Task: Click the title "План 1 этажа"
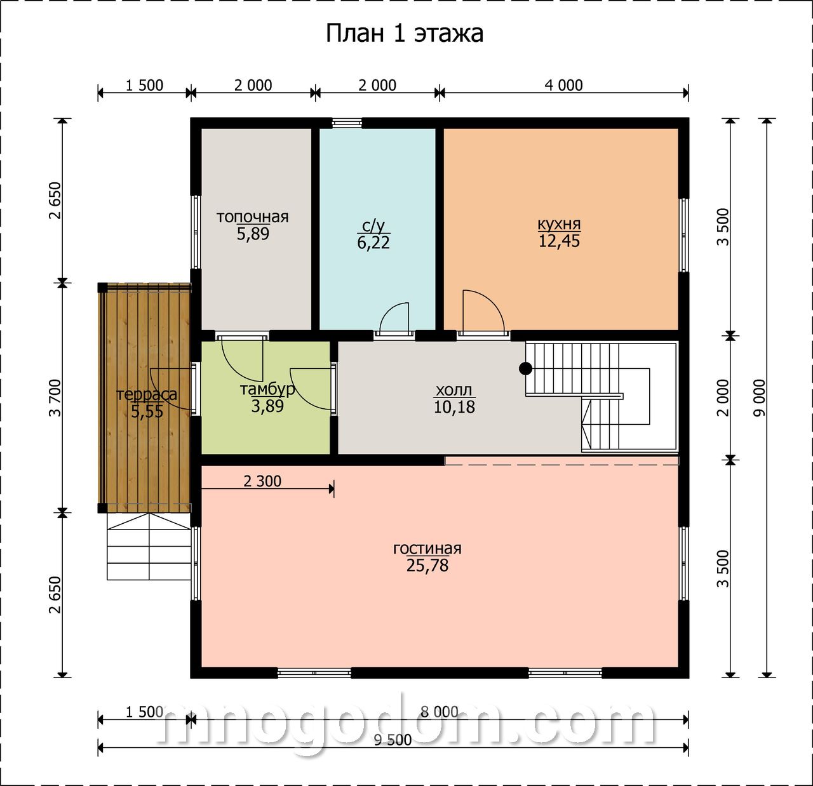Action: pyautogui.click(x=404, y=34)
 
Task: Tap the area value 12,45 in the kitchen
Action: pyautogui.click(x=559, y=241)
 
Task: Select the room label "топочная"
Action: pyautogui.click(x=253, y=216)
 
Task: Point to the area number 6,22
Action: pyautogui.click(x=373, y=243)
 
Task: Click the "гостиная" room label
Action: pyautogui.click(x=427, y=549)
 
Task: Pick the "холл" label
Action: pyautogui.click(x=454, y=390)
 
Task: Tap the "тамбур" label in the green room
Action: pyautogui.click(x=267, y=389)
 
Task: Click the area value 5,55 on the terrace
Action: pyautogui.click(x=147, y=411)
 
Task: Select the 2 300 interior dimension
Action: pyautogui.click(x=262, y=481)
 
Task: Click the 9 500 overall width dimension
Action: pyautogui.click(x=393, y=740)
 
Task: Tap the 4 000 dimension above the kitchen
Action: pyautogui.click(x=563, y=85)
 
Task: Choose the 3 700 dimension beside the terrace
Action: pyautogui.click(x=55, y=397)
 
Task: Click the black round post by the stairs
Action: pyautogui.click(x=525, y=368)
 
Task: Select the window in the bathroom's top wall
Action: pyautogui.click(x=347, y=123)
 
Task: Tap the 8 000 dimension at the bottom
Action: pyautogui.click(x=439, y=712)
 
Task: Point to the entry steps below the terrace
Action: pyautogui.click(x=149, y=546)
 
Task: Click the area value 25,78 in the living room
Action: pyautogui.click(x=427, y=566)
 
